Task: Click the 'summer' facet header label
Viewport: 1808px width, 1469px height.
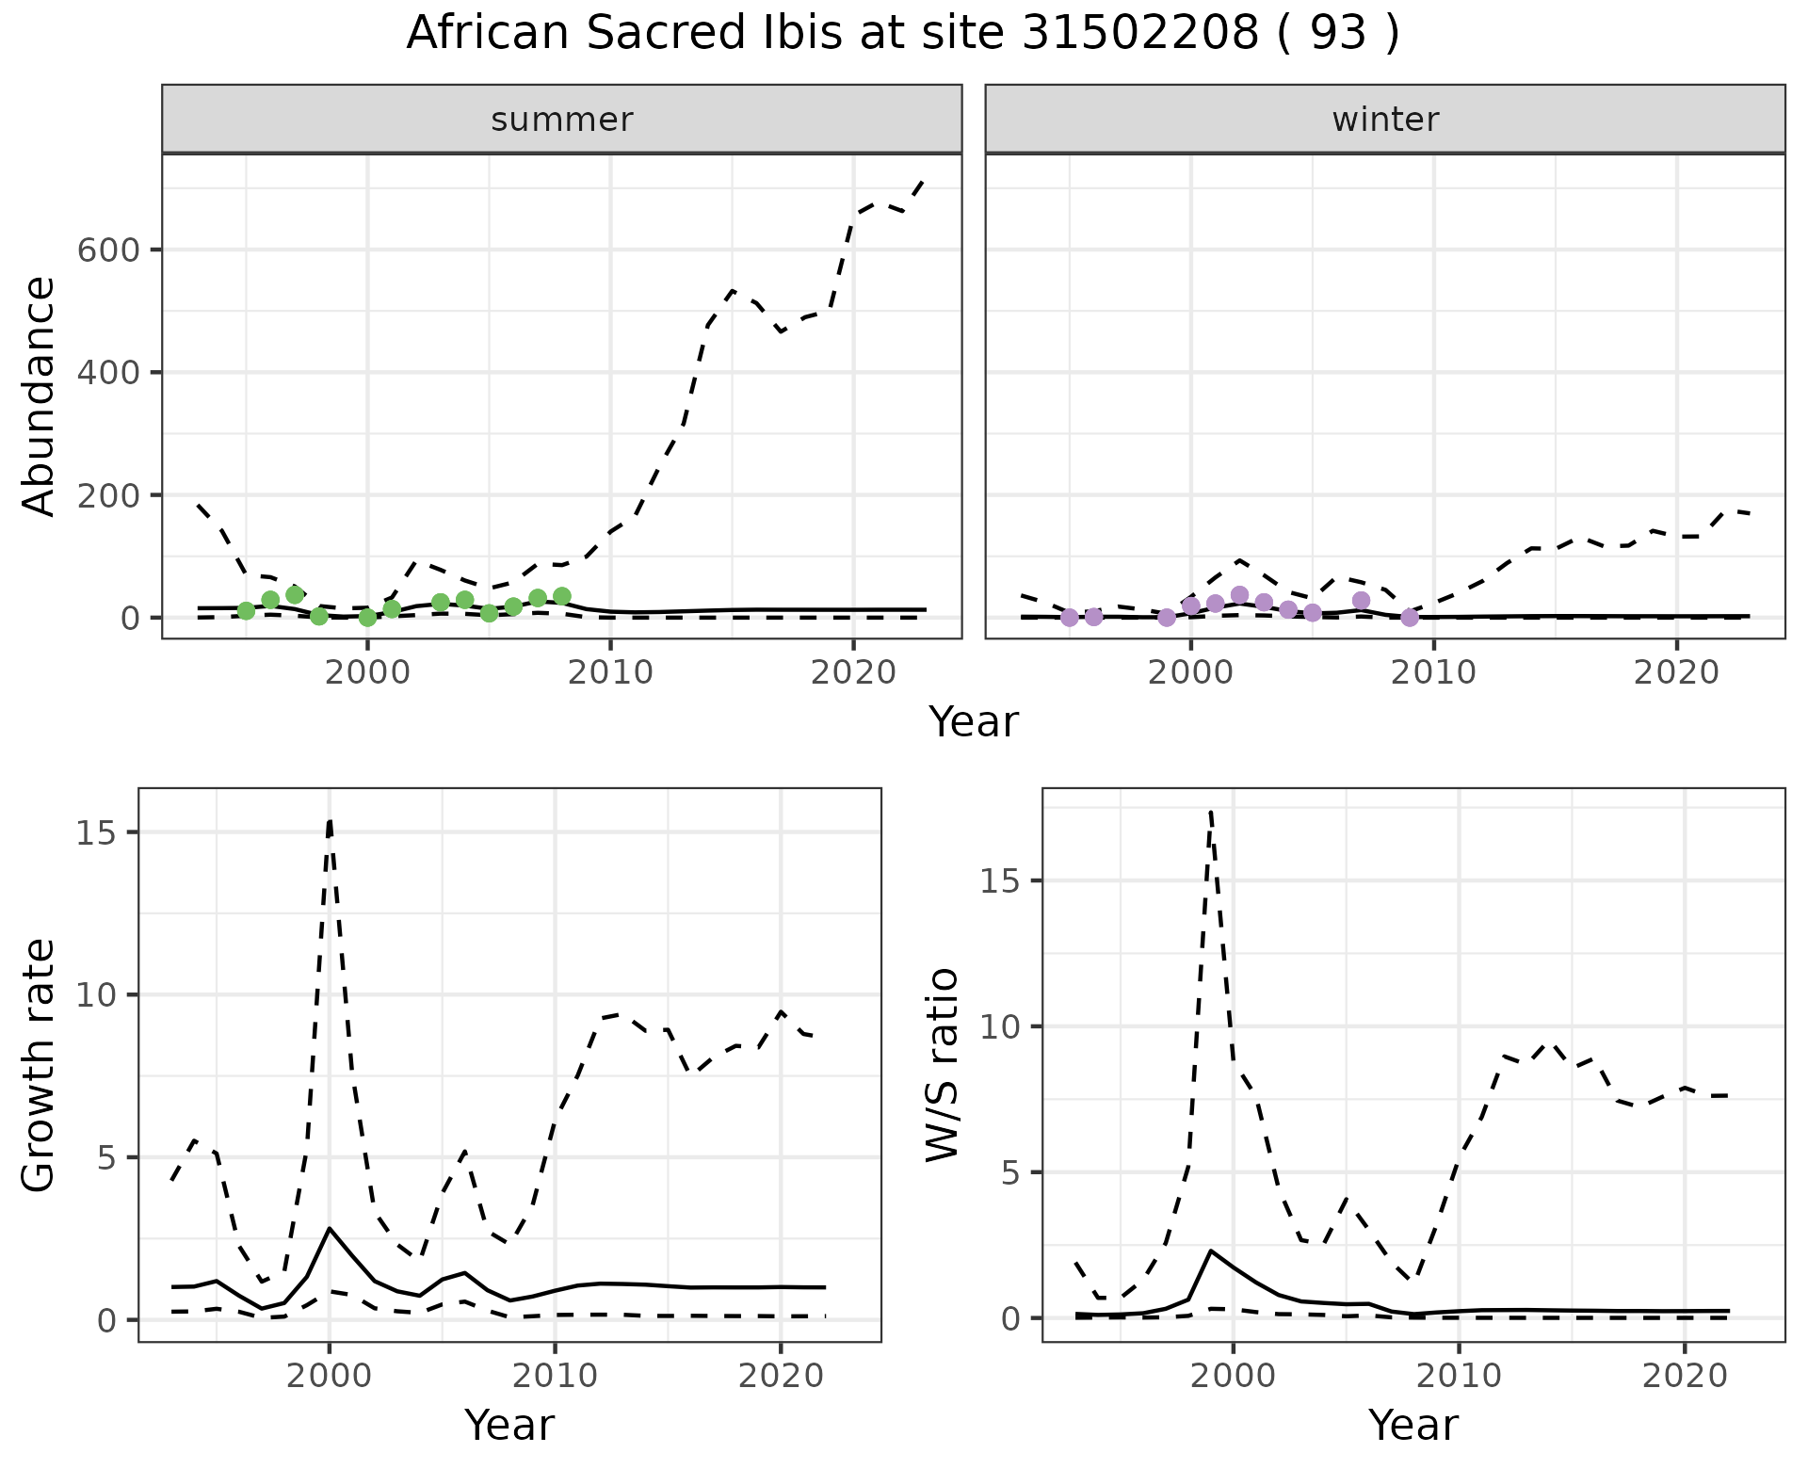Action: coord(562,120)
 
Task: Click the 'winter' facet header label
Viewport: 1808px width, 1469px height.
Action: coord(1385,120)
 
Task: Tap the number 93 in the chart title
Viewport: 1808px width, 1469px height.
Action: coord(1337,34)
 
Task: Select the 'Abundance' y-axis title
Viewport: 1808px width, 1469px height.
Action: coord(40,395)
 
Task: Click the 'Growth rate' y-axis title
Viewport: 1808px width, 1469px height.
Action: coord(40,1064)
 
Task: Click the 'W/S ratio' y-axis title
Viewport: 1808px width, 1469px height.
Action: coord(943,1064)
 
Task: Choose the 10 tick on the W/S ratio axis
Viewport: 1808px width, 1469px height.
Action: coord(1004,1026)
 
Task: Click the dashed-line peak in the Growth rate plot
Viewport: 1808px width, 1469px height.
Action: coord(330,819)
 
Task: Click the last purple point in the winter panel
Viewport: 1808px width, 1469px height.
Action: coord(1410,618)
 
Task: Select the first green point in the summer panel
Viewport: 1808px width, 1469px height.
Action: coord(247,611)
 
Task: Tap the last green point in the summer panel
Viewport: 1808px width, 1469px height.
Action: coord(562,596)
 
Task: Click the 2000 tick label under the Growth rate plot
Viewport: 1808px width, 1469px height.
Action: coord(329,1376)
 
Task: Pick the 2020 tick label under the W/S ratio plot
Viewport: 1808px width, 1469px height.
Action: coord(1685,1376)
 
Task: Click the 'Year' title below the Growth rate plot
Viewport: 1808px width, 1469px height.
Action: coord(509,1425)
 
